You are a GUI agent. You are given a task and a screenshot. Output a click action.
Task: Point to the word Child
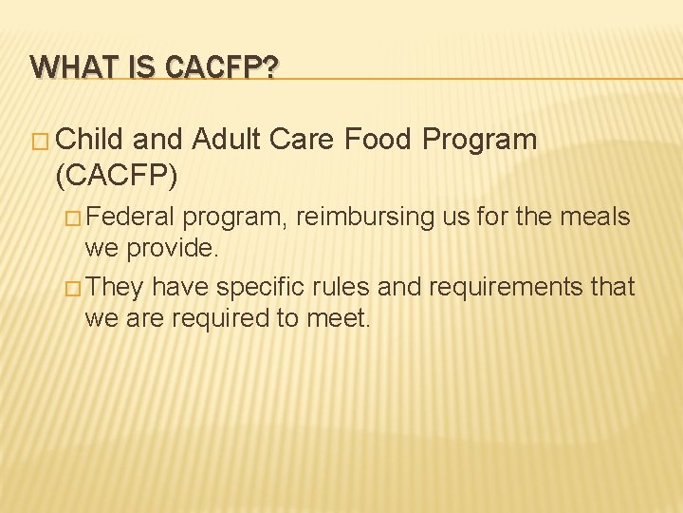tap(91, 141)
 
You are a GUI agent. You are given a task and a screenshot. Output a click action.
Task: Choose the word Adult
tap(228, 141)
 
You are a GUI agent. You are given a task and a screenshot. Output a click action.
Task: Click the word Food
tap(378, 141)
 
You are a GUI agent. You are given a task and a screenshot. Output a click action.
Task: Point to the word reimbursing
tap(366, 218)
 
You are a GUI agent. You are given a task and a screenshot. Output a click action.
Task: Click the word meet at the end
tap(338, 319)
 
